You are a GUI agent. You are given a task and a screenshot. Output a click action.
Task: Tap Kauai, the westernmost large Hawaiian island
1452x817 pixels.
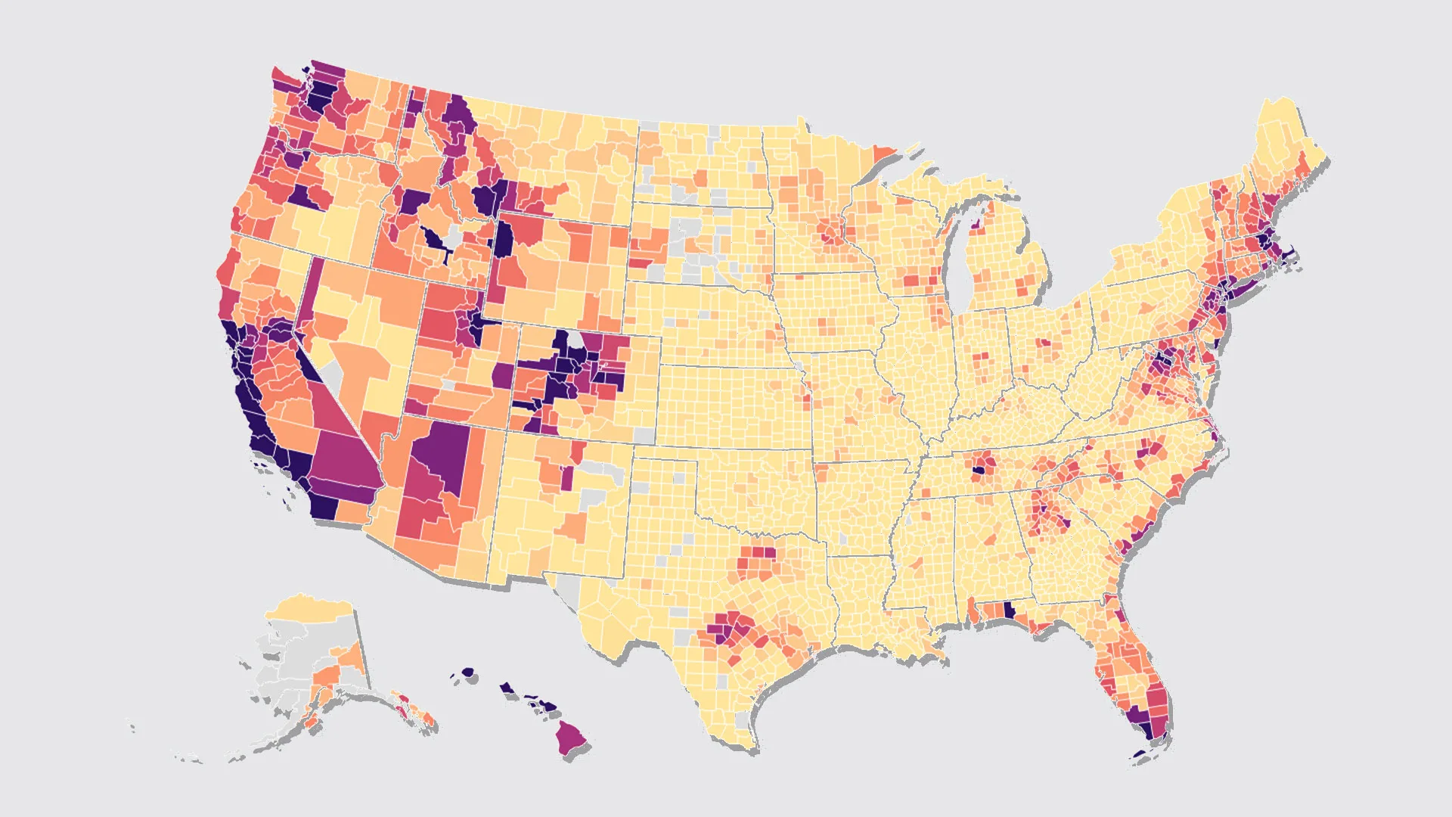pyautogui.click(x=467, y=672)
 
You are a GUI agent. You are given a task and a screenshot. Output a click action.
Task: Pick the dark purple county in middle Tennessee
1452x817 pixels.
pyautogui.click(x=979, y=470)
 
